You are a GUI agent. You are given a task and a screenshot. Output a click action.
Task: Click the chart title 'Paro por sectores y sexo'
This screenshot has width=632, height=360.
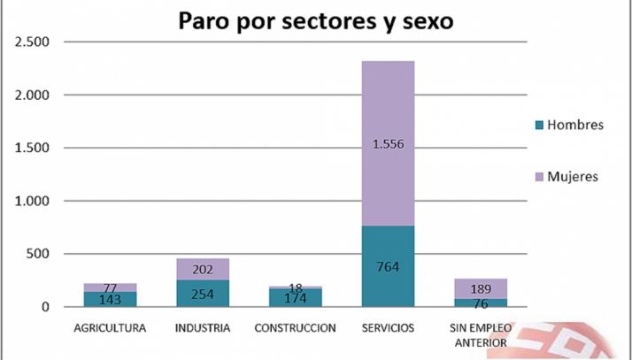(x=315, y=20)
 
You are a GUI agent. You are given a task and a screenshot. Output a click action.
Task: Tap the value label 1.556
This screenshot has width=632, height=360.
(x=388, y=145)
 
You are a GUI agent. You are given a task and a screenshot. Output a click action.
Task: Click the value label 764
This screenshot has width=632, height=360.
(x=388, y=266)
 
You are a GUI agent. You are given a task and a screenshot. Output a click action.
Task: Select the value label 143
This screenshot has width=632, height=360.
(x=111, y=300)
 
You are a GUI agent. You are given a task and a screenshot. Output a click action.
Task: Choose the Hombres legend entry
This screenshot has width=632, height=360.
(x=566, y=125)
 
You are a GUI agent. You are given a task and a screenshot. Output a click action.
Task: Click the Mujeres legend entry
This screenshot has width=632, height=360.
(x=566, y=176)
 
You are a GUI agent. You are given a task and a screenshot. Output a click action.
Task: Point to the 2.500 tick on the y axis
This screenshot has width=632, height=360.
(x=30, y=42)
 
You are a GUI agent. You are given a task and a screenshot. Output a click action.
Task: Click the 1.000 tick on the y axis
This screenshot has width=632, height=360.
(x=30, y=201)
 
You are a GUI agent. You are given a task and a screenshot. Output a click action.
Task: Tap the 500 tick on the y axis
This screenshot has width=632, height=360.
(x=37, y=254)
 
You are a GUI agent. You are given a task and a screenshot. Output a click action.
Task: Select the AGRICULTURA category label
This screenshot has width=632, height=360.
(x=111, y=328)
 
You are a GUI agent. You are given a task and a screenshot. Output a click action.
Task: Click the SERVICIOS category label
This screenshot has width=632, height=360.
(x=387, y=328)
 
